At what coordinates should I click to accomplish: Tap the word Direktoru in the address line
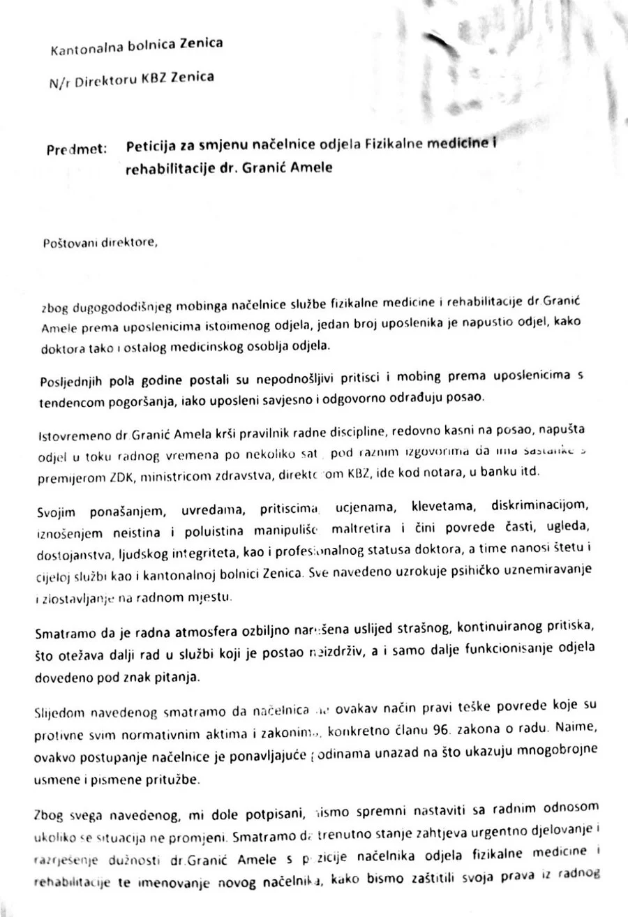[x=103, y=81]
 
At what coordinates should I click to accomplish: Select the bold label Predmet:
[x=77, y=149]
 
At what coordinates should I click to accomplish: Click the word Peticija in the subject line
[x=151, y=146]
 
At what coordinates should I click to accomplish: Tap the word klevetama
[x=438, y=506]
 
